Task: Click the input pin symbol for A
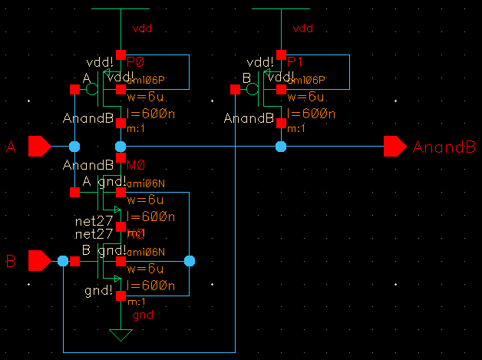point(39,146)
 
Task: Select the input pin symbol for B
point(39,262)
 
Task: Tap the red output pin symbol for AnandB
point(395,146)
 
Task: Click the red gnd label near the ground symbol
point(143,315)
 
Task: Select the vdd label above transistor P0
point(143,28)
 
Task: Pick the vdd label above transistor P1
point(305,28)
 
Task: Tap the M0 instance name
point(136,165)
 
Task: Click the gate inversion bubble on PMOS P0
point(91,90)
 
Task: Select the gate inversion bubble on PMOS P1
point(253,90)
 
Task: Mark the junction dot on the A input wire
point(74,146)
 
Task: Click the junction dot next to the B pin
point(63,262)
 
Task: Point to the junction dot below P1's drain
point(281,146)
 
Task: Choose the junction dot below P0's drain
point(121,146)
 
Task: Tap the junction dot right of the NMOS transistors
point(190,262)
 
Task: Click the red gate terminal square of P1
point(236,90)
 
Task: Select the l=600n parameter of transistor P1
point(307,114)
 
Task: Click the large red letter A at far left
point(10,147)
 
